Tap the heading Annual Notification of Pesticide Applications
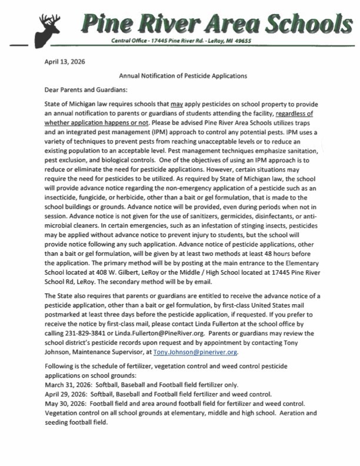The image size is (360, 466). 183,76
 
